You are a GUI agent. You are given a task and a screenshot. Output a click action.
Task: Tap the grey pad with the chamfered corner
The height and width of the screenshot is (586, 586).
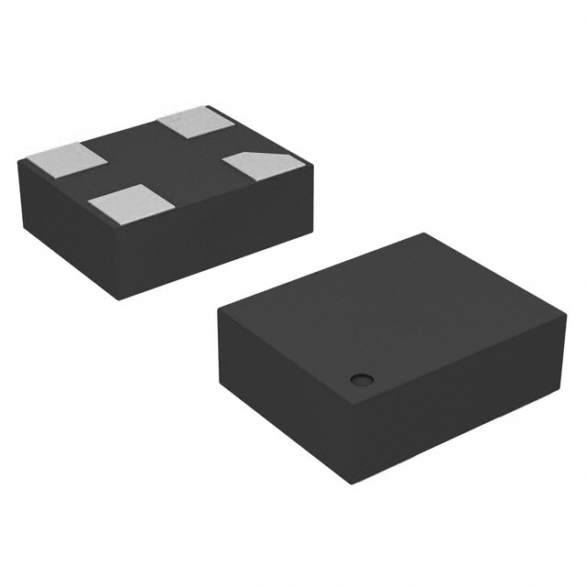point(262,165)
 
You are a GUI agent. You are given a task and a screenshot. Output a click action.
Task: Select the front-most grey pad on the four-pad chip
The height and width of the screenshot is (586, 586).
point(126,201)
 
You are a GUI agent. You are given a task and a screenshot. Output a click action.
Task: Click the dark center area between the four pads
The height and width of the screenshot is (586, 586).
point(165,161)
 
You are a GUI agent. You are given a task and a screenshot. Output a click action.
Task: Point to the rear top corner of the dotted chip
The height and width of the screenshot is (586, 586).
point(423,233)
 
